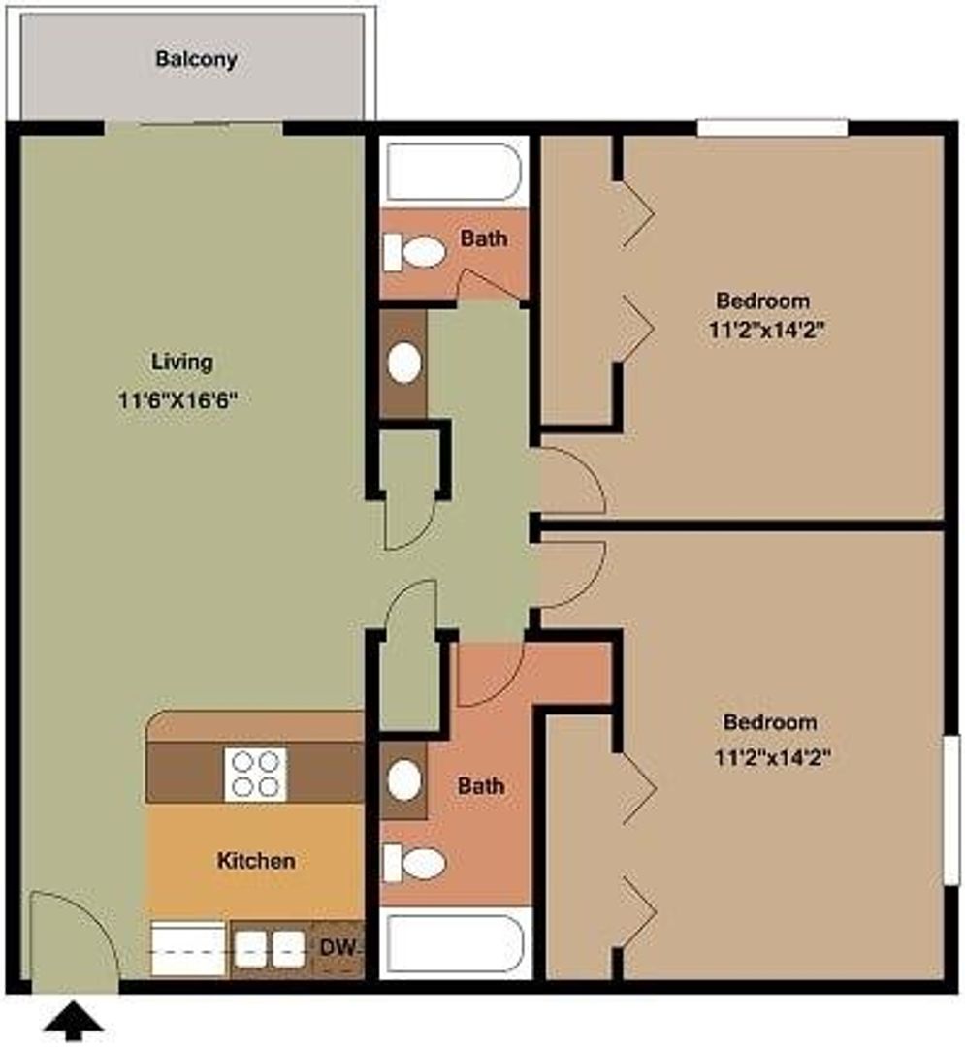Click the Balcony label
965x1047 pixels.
click(x=196, y=59)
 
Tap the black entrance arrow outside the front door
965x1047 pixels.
click(x=74, y=1019)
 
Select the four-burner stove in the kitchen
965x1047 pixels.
click(x=256, y=774)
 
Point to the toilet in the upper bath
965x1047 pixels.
click(x=415, y=252)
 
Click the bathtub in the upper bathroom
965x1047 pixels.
click(x=454, y=172)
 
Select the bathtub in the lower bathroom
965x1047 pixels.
click(x=455, y=943)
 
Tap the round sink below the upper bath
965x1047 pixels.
click(x=404, y=364)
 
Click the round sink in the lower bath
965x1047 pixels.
click(x=404, y=779)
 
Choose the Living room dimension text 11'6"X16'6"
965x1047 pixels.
click(x=178, y=400)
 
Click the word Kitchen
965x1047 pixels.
click(x=256, y=860)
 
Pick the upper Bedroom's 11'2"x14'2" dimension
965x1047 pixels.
click(x=767, y=330)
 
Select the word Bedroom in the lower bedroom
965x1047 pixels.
click(x=770, y=722)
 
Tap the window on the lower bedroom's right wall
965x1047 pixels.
click(x=951, y=809)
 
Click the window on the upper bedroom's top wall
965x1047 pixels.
click(x=773, y=128)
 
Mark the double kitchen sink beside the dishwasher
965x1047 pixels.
click(x=271, y=949)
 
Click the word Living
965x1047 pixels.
click(x=182, y=362)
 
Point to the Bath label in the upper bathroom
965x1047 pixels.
click(x=484, y=238)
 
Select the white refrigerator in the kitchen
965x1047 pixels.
click(x=188, y=948)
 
